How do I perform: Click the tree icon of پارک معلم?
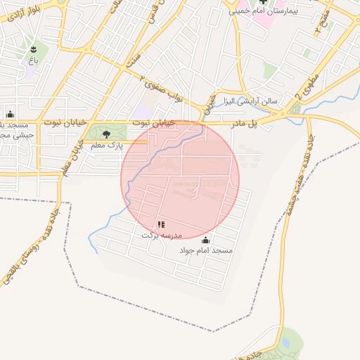[106, 133]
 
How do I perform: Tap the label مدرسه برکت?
[162, 235]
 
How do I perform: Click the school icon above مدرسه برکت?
[162, 224]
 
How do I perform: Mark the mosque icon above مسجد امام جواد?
[206, 239]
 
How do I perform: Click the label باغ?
[33, 61]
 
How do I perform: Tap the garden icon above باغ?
[33, 49]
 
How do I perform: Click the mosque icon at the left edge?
[10, 114]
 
